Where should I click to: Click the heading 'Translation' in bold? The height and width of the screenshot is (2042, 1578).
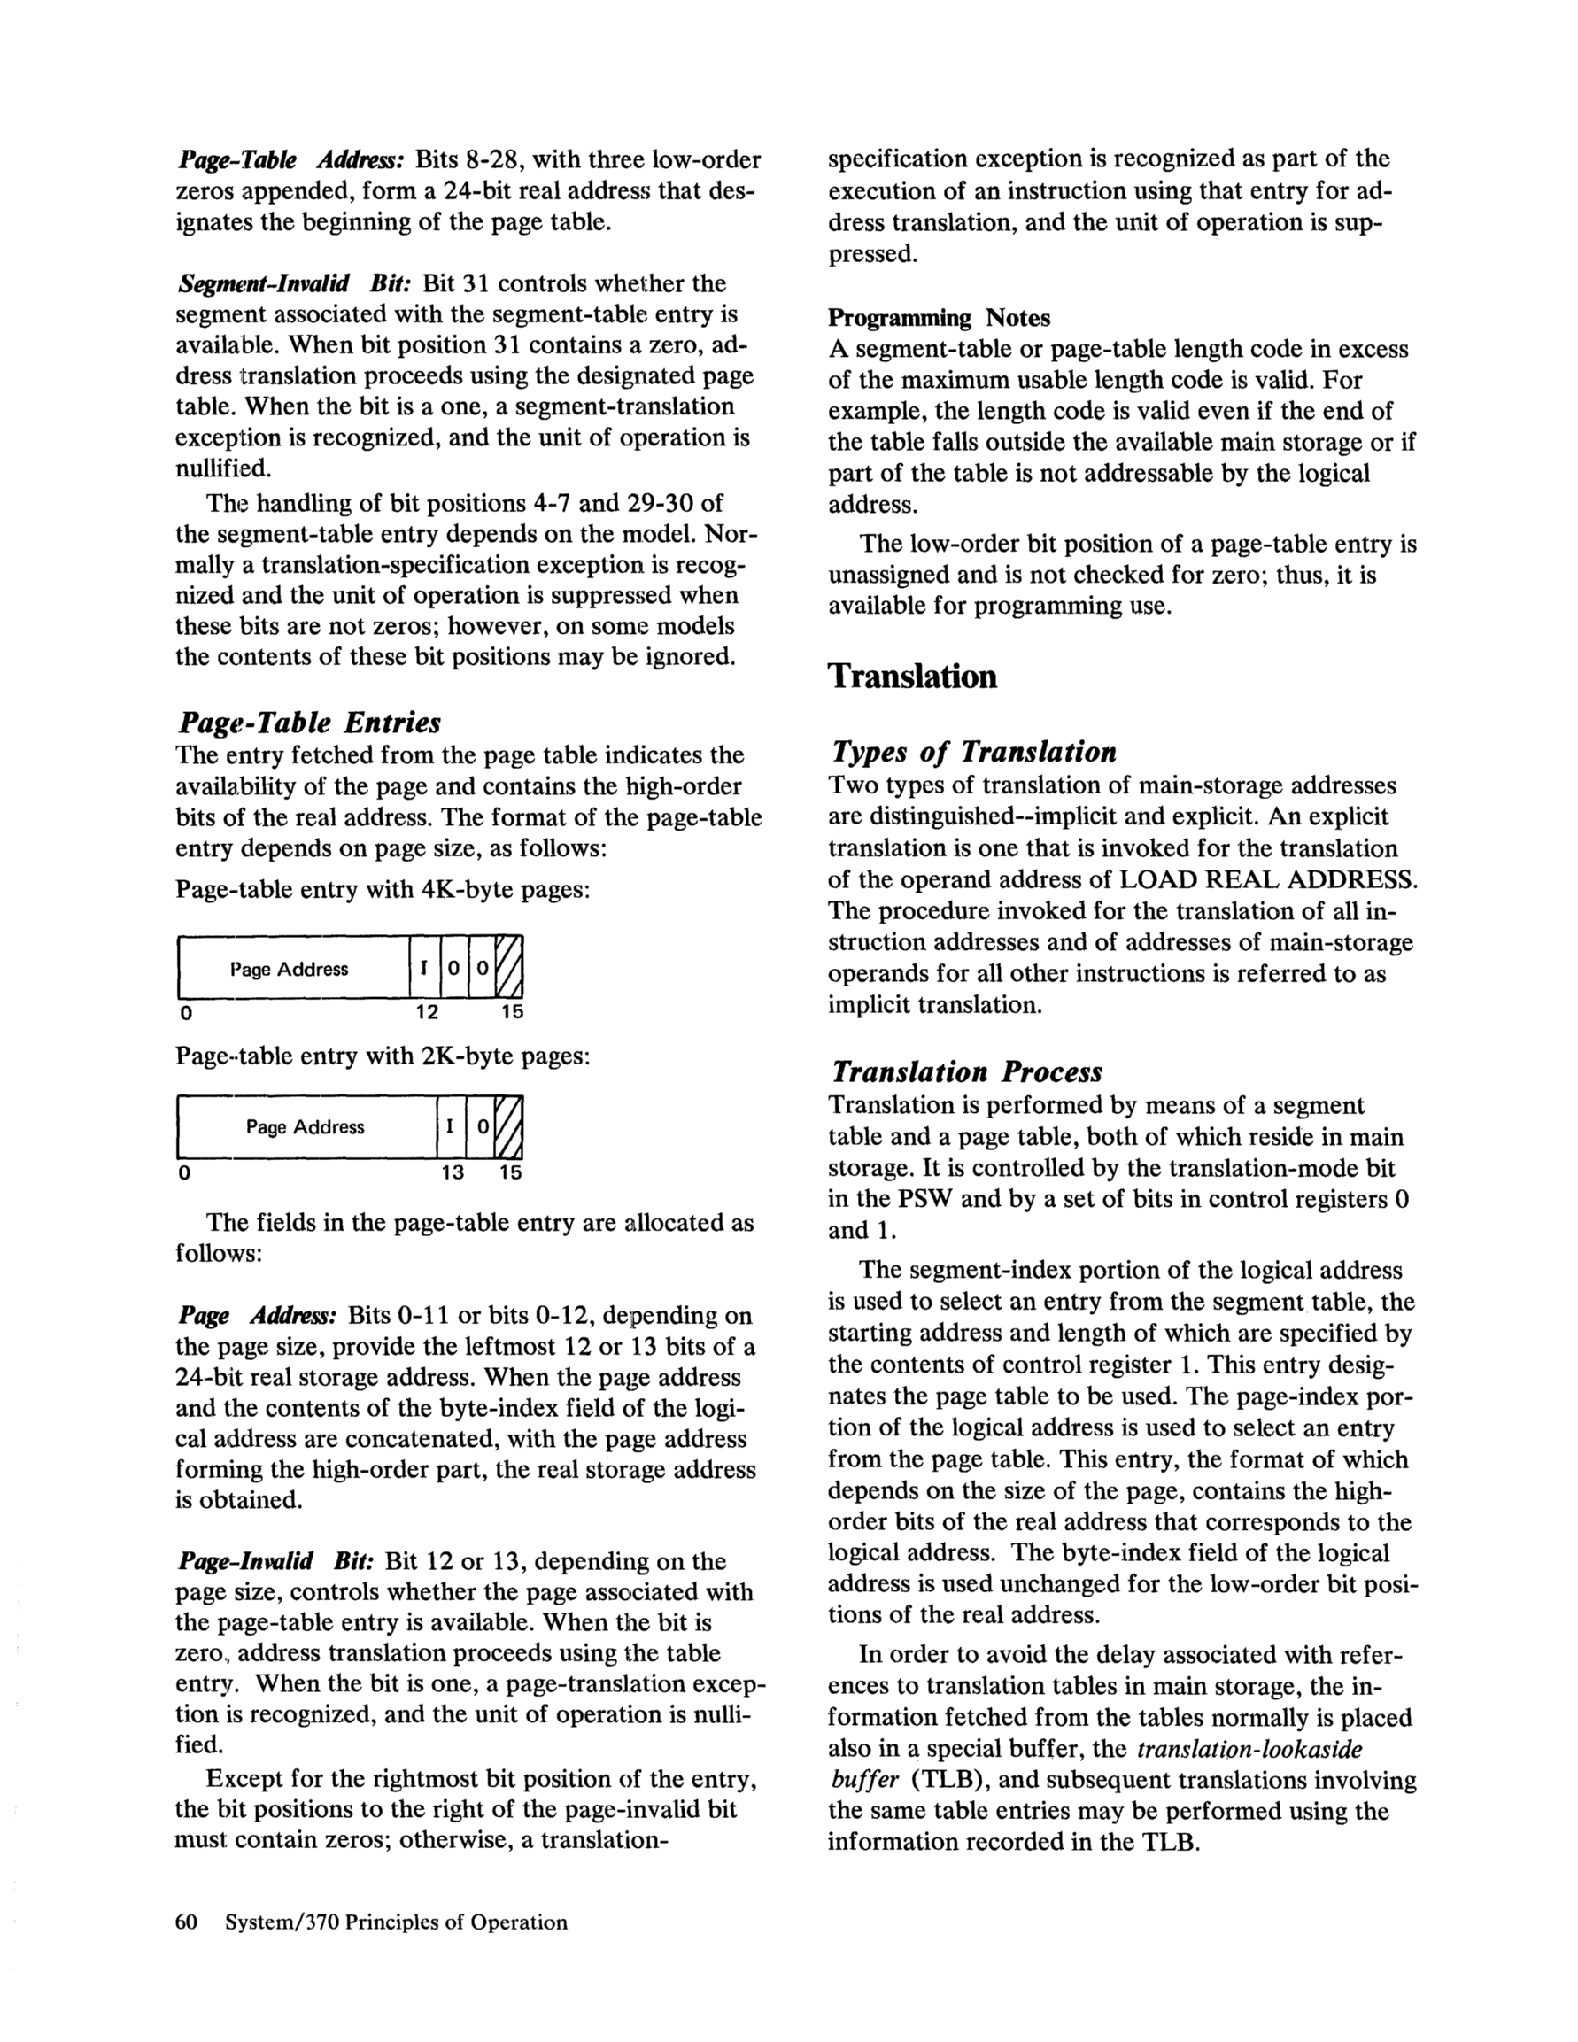pyautogui.click(x=912, y=677)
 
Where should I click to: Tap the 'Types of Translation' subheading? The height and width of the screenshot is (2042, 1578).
pyautogui.click(x=973, y=752)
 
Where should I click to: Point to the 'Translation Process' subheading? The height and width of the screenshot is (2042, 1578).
pyautogui.click(x=967, y=1071)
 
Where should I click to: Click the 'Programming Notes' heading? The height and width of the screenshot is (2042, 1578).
pyautogui.click(x=939, y=318)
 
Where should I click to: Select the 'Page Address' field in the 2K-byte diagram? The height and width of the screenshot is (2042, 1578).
pyautogui.click(x=306, y=1127)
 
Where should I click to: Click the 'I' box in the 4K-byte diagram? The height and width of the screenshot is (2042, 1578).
pyautogui.click(x=423, y=970)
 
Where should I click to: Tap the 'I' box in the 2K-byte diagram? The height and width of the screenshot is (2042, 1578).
pyautogui.click(x=451, y=1127)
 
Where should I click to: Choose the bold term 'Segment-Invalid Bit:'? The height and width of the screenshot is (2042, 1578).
pyautogui.click(x=295, y=283)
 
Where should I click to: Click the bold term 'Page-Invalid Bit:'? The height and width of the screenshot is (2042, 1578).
pyautogui.click(x=275, y=1561)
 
